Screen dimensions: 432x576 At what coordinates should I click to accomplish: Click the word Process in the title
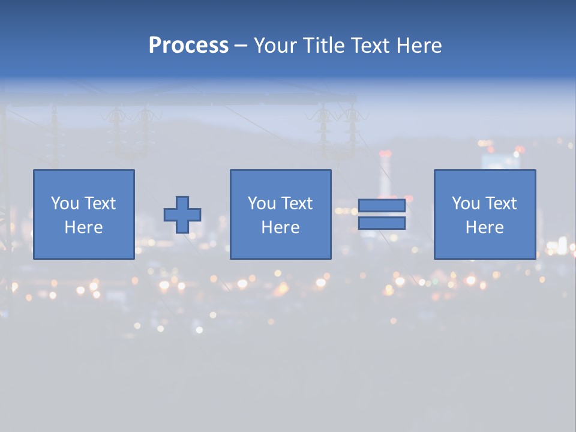(188, 46)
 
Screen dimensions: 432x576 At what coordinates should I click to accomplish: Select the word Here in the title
(418, 46)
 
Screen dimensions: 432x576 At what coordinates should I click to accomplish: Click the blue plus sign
(182, 215)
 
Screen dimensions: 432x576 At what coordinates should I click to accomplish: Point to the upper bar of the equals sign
(382, 206)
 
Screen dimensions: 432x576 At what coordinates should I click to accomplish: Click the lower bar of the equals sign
(382, 223)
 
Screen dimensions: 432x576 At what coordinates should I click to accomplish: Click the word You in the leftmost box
(65, 203)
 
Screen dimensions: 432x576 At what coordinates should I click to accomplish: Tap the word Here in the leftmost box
(84, 227)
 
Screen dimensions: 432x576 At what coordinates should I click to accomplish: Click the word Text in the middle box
(296, 203)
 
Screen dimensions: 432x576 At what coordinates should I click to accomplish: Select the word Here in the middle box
(281, 227)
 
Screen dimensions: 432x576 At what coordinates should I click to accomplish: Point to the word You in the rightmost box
(466, 203)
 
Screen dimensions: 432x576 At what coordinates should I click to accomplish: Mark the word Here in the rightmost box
(485, 227)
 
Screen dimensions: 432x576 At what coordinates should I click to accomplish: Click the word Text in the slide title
(371, 46)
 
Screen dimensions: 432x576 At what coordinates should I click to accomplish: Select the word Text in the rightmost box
(500, 203)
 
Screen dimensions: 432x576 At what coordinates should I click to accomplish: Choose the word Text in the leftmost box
(100, 203)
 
